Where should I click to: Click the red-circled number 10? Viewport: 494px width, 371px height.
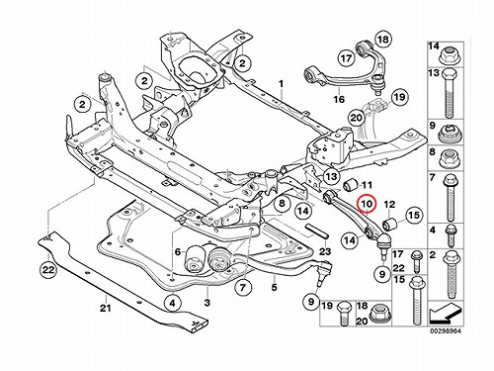367,204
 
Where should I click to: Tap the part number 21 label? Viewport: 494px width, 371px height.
105,309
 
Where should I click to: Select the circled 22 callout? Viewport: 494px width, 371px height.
48,270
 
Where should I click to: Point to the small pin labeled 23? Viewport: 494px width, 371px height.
315,231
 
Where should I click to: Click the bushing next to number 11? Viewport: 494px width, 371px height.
350,186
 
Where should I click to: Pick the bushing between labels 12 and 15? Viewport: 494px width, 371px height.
390,225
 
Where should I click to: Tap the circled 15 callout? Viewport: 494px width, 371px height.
414,215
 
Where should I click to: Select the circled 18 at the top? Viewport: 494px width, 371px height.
383,40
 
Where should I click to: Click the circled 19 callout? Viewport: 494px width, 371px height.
400,97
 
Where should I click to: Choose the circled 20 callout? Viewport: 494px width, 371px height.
357,118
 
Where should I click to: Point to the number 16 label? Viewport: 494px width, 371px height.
339,99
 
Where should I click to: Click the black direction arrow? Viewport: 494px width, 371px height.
445,315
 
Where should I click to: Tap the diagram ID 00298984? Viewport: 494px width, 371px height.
446,330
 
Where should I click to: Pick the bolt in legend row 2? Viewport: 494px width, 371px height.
450,275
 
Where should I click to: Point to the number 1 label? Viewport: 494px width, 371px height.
281,84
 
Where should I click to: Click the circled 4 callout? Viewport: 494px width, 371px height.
174,303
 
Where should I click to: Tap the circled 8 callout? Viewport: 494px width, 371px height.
282,203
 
